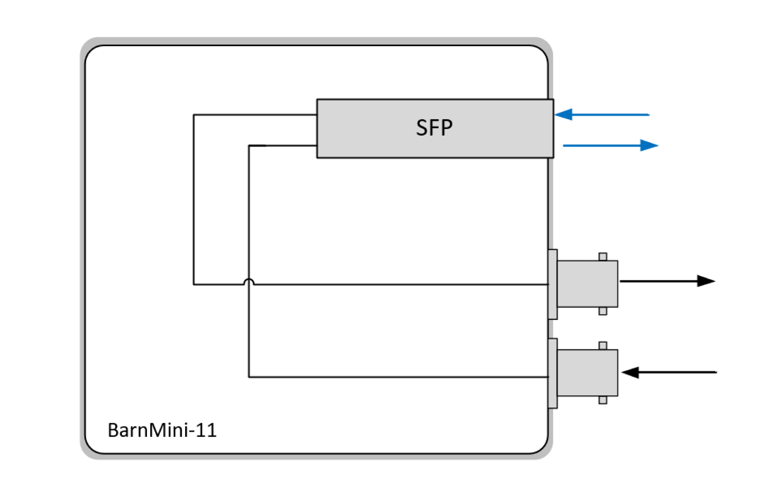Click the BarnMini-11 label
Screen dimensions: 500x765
click(162, 430)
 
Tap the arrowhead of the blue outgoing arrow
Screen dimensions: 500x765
click(649, 145)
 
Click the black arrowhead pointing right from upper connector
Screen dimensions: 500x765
click(705, 281)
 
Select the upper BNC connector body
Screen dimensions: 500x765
click(587, 284)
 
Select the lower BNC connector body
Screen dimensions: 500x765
click(587, 373)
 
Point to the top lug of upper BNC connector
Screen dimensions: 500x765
click(603, 257)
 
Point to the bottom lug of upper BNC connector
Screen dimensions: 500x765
click(603, 312)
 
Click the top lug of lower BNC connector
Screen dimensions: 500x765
click(603, 346)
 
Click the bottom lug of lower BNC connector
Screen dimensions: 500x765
click(603, 400)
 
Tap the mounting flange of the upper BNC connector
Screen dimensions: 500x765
click(553, 284)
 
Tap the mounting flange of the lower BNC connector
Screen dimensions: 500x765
click(553, 373)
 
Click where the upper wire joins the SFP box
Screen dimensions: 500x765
click(317, 114)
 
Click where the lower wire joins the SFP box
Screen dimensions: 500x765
click(317, 146)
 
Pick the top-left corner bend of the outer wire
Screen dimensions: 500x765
click(193, 115)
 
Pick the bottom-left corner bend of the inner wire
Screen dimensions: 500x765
click(249, 377)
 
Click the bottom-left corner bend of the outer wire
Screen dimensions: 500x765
click(193, 284)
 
